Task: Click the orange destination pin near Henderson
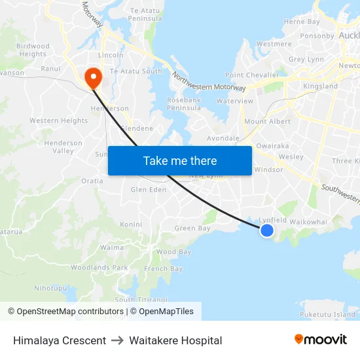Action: coord(94,77)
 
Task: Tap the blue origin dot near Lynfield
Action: coord(267,230)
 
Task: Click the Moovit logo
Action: coord(320,340)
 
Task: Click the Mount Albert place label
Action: coord(267,122)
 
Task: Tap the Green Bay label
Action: coord(192,228)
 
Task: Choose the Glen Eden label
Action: coord(149,190)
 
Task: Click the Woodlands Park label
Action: coord(99,268)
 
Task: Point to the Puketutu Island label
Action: coord(327,315)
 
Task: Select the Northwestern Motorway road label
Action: coord(209,81)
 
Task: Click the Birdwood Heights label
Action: coord(33,50)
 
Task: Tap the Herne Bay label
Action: coord(302,22)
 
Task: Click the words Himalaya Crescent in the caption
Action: coord(60,340)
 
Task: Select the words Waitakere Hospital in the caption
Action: coord(175,340)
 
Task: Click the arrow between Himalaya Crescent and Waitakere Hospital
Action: coord(118,340)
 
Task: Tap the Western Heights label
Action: coord(58,120)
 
